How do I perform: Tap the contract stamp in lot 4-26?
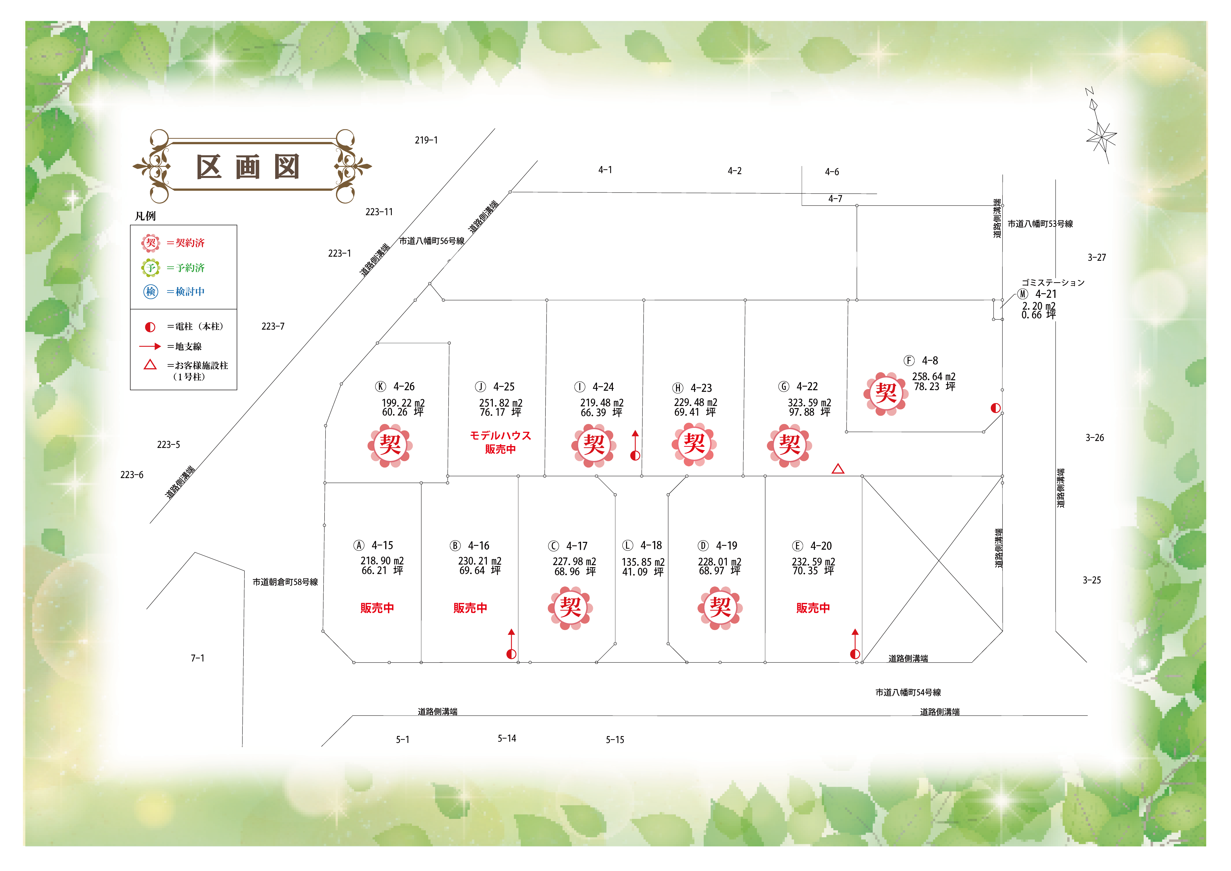(390, 445)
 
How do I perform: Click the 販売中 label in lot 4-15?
(377, 608)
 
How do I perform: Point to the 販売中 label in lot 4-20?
(813, 608)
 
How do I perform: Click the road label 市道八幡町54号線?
(908, 692)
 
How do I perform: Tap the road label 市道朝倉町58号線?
(285, 582)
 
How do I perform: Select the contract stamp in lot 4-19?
(720, 608)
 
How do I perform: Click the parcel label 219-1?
(426, 140)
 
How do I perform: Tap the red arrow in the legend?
(150, 347)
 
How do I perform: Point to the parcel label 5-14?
(507, 738)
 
